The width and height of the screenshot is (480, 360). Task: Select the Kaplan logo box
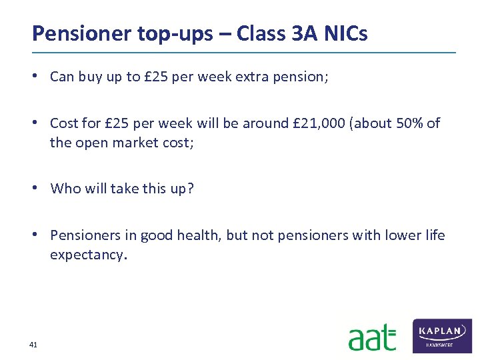[443, 335]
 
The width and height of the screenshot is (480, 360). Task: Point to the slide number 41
[33, 345]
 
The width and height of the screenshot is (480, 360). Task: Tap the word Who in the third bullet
[65, 189]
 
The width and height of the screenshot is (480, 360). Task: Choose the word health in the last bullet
[199, 235]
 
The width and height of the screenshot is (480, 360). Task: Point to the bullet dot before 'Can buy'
[41, 77]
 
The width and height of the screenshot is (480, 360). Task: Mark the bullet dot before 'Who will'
[41, 189]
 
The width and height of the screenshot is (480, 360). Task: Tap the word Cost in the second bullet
[64, 123]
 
